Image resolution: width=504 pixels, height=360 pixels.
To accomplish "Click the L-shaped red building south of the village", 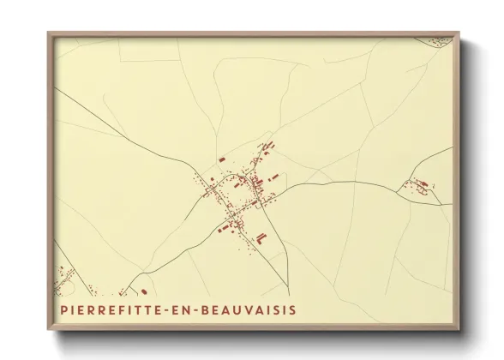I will pyautogui.click(x=262, y=234).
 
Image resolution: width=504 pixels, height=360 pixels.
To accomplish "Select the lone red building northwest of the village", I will pyautogui.click(x=221, y=159).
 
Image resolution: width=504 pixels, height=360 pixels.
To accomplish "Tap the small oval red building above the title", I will pyautogui.click(x=143, y=291).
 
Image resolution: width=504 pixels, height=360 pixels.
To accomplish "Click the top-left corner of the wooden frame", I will pyautogui.click(x=49, y=33).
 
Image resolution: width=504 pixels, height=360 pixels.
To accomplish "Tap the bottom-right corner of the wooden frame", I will pyautogui.click(x=459, y=329).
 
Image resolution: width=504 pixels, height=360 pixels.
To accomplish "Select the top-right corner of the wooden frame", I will pyautogui.click(x=459, y=33).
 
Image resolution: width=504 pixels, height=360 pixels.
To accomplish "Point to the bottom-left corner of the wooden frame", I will pyautogui.click(x=49, y=329).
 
